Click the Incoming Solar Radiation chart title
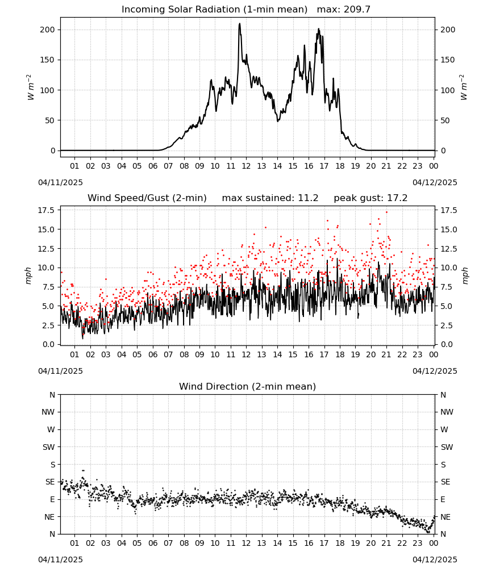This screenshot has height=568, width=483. click(x=214, y=10)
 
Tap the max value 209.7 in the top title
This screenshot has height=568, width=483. click(x=356, y=10)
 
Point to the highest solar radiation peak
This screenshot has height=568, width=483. click(x=239, y=24)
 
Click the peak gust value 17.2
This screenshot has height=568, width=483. click(x=397, y=198)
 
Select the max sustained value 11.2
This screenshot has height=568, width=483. click(x=308, y=198)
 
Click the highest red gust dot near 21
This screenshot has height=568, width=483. click(x=386, y=212)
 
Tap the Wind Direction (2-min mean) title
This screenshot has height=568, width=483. click(x=248, y=386)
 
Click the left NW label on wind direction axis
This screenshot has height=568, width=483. click(x=49, y=412)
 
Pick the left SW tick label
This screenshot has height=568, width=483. click(x=49, y=447)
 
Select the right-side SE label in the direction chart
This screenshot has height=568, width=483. click(x=445, y=482)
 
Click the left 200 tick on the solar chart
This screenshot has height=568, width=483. click(x=48, y=30)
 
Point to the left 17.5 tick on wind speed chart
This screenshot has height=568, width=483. click(x=47, y=210)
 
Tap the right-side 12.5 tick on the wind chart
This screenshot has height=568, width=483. click(x=448, y=249)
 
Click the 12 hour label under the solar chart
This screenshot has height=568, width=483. click(x=246, y=166)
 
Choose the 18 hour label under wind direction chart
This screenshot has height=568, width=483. click(x=340, y=543)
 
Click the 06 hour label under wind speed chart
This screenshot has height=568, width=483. click(x=152, y=354)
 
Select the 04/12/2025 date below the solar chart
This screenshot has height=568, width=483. click(x=435, y=182)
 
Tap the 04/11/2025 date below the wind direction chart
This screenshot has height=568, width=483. click(x=60, y=559)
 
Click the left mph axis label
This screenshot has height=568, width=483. click(x=28, y=275)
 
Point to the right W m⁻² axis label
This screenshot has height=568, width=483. click(x=464, y=87)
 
